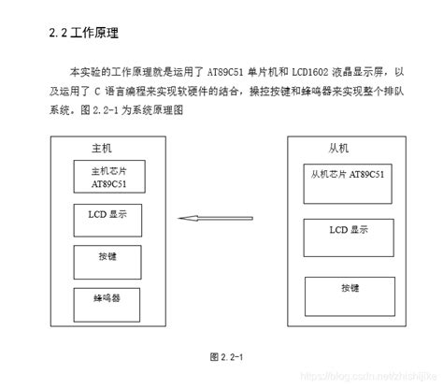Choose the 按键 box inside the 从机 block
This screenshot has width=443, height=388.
[345, 285]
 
